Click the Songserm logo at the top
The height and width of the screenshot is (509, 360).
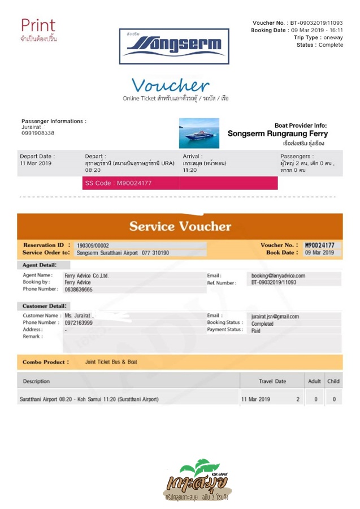click(x=174, y=45)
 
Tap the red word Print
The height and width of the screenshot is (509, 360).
click(x=38, y=25)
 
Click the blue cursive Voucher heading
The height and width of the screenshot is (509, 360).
click(x=171, y=85)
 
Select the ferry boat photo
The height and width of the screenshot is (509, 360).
click(x=199, y=133)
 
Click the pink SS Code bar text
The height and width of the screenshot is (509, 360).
click(x=118, y=183)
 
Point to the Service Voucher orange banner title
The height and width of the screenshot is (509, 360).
click(x=180, y=226)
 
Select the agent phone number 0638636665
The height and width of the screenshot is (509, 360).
click(x=79, y=289)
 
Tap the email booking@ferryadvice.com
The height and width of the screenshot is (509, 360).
click(x=278, y=275)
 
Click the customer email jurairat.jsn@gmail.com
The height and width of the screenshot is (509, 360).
click(x=275, y=317)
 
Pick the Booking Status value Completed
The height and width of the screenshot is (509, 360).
click(x=262, y=323)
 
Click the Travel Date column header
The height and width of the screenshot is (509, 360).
click(x=272, y=381)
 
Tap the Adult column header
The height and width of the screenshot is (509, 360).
click(x=314, y=381)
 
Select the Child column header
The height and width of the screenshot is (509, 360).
click(x=333, y=381)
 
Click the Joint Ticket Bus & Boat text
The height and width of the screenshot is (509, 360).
click(x=111, y=362)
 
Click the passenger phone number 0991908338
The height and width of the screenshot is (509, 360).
click(x=38, y=133)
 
